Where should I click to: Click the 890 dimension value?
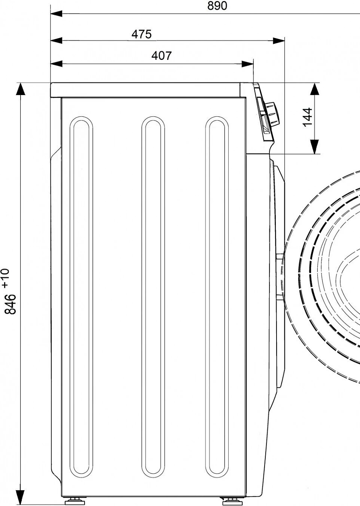(x=217, y=6)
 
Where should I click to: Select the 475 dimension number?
(x=141, y=34)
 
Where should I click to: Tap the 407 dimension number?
(x=161, y=56)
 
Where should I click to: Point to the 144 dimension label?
(x=307, y=117)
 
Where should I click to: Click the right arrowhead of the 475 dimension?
(x=278, y=41)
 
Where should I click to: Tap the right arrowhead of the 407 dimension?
(x=247, y=64)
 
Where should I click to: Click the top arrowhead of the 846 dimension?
(x=20, y=89)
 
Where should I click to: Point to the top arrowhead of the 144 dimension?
(x=315, y=90)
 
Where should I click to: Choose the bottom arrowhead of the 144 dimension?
(x=315, y=146)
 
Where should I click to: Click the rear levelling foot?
(x=73, y=500)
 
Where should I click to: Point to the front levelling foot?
(x=228, y=500)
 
